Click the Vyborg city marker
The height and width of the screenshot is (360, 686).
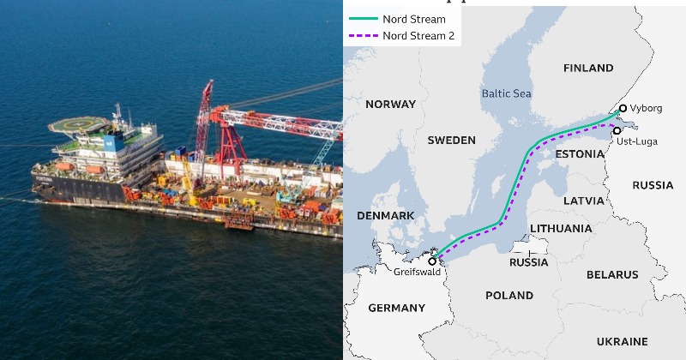tap(623, 109)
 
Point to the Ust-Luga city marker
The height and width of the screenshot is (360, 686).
tap(617, 130)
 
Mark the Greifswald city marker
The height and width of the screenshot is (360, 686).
tap(432, 261)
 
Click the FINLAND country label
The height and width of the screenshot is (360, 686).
tap(588, 68)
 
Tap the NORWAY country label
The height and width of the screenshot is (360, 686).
tap(390, 105)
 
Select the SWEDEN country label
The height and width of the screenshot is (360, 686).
tap(451, 140)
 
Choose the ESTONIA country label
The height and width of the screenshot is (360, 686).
tap(580, 153)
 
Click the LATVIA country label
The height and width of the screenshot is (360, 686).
tap(584, 201)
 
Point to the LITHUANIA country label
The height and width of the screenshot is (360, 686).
tap(561, 229)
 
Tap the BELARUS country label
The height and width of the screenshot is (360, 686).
tap(612, 275)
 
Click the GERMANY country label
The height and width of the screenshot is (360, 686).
tap(396, 308)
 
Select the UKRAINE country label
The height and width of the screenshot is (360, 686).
tap(622, 340)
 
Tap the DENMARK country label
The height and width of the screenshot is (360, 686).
tap(386, 215)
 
